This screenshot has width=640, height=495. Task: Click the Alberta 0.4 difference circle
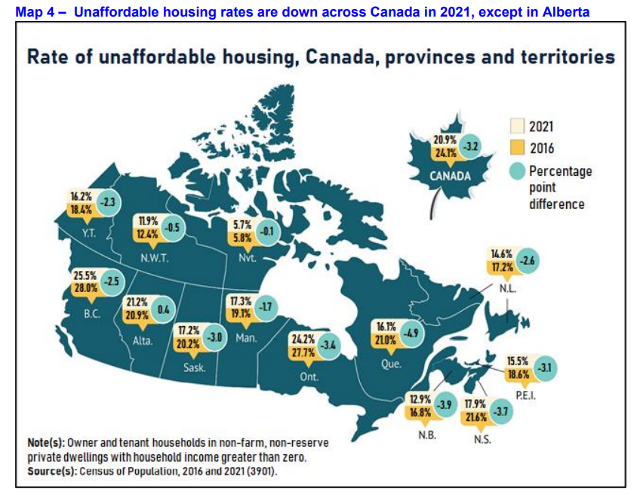162,310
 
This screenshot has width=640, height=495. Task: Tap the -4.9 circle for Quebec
411,333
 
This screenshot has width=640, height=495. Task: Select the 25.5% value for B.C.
85,276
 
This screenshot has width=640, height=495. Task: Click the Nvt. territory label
247,257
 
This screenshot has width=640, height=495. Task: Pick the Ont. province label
309,377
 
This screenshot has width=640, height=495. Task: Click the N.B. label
428,435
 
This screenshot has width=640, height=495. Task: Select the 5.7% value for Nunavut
242,224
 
